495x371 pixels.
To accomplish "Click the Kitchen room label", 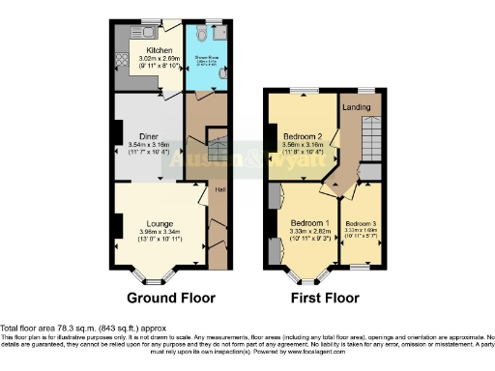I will [160, 50].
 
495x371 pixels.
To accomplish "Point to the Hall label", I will [220, 189].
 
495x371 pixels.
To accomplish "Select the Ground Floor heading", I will [171, 298].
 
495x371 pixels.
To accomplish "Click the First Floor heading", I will [324, 298].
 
